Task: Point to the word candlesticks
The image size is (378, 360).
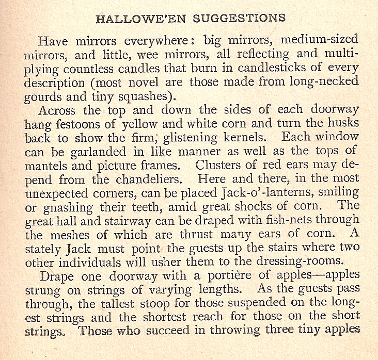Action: click(x=278, y=69)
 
